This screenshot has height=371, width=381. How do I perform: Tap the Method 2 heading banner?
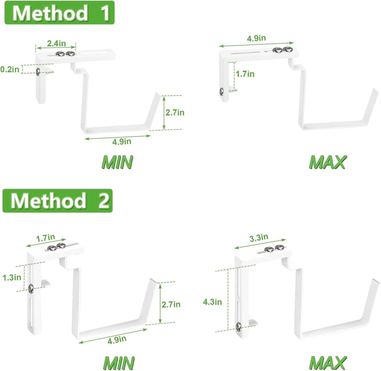(58, 201)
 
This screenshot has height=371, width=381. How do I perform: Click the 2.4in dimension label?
(56, 43)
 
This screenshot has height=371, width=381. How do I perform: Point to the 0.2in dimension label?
(10, 69)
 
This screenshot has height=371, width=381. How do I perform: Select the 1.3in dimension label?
(12, 277)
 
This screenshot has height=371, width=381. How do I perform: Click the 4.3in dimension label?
(212, 302)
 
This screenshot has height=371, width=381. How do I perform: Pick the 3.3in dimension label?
(259, 238)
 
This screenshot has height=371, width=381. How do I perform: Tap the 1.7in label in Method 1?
(245, 74)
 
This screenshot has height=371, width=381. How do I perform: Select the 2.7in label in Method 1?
(175, 113)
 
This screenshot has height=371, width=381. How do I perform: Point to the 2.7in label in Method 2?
(171, 304)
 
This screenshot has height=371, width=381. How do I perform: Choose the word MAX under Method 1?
(327, 162)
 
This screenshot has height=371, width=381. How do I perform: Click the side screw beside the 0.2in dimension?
(38, 72)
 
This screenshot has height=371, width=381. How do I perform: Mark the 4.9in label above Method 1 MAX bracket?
(256, 38)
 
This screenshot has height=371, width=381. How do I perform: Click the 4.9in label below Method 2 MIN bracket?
(117, 340)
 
